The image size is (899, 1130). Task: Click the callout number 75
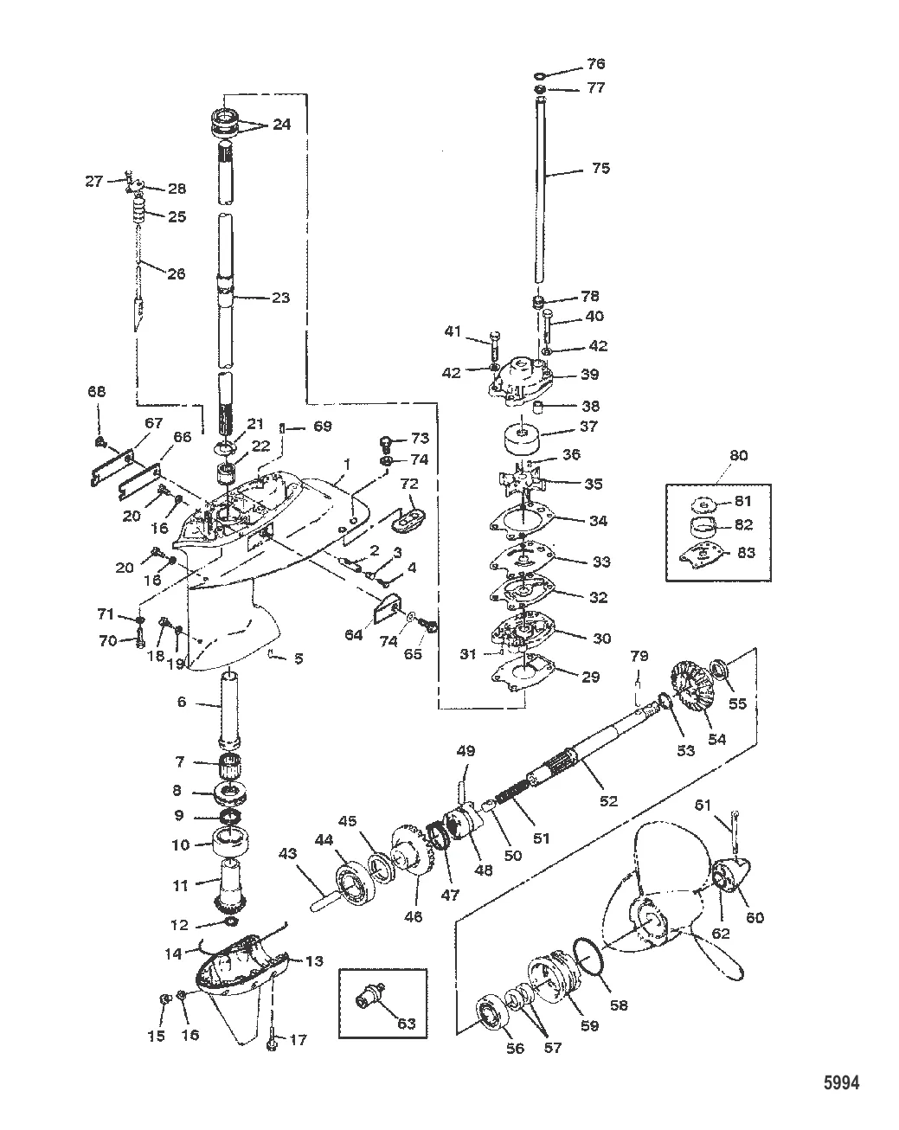coord(600,168)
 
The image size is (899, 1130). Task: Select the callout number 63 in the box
coord(406,1024)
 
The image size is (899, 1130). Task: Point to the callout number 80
coord(739,455)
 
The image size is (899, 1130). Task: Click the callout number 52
coord(608,800)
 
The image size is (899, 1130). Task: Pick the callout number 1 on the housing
coord(347,465)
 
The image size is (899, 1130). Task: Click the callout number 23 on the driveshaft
coord(279,298)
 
